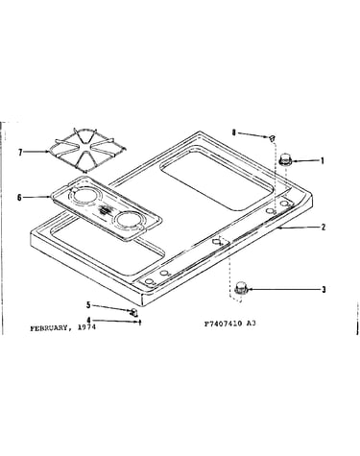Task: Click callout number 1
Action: tap(323, 160)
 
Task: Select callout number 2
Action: tap(324, 228)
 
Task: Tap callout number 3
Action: tap(324, 290)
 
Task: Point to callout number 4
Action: tap(88, 320)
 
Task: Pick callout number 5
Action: tap(88, 305)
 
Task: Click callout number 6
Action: tap(19, 198)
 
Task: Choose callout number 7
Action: tap(20, 153)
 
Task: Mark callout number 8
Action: tap(234, 132)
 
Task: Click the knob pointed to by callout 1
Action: tap(284, 159)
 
